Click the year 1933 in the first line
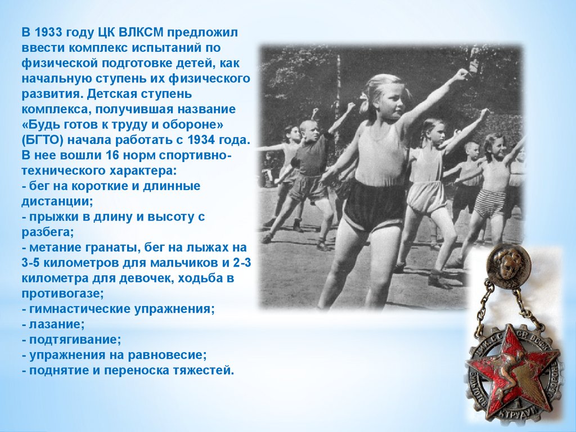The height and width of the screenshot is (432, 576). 48,33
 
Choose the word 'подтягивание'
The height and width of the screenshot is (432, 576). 75,340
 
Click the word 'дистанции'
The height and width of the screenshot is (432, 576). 57,202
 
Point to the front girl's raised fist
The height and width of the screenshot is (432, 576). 460,75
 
